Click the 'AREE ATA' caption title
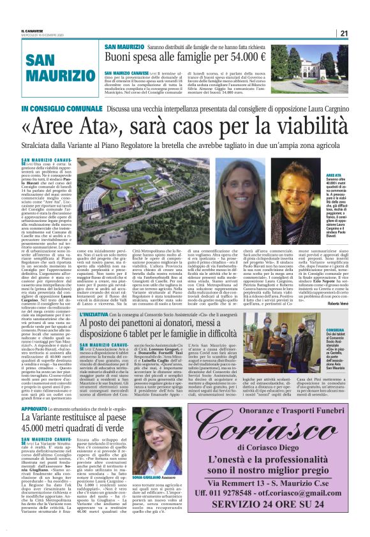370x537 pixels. [334, 174]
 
